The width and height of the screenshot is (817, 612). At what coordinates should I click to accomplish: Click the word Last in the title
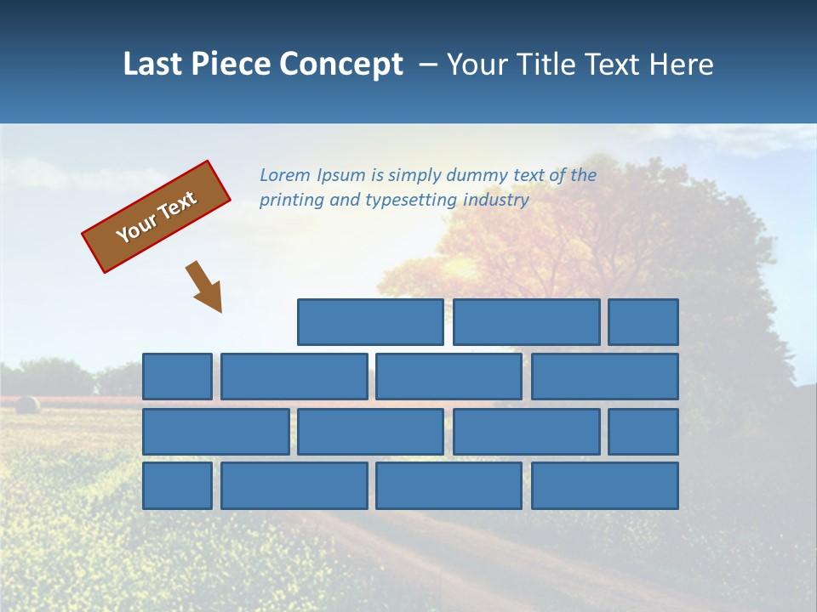(152, 64)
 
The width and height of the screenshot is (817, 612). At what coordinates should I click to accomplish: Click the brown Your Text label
(156, 217)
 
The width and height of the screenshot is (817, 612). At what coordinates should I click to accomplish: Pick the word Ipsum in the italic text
(341, 176)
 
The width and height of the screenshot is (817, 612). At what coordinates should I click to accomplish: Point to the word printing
(291, 201)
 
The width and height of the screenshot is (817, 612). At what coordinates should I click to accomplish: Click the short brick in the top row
(643, 322)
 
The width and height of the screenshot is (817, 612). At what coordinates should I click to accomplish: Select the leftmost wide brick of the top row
(370, 322)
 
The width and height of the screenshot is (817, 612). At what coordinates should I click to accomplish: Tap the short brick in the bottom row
(177, 485)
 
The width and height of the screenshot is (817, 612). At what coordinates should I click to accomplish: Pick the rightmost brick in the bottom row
(605, 485)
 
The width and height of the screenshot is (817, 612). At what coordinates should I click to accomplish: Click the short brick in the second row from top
(177, 377)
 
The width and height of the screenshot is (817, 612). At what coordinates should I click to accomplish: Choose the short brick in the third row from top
(643, 431)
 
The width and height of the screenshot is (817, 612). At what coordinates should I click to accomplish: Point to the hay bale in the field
(27, 405)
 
